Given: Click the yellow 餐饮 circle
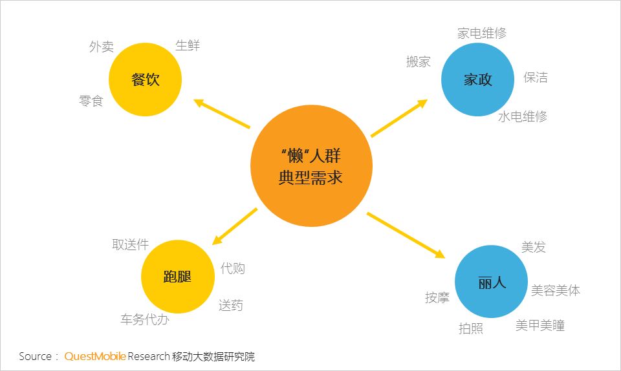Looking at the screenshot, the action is click(x=146, y=79).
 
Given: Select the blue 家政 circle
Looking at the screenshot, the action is click(x=477, y=79).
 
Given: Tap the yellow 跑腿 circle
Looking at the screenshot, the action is click(x=178, y=277).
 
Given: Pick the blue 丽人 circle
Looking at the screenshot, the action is click(x=491, y=282).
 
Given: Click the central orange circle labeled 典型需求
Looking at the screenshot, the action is click(x=311, y=165).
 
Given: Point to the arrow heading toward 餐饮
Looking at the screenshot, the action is click(x=222, y=114).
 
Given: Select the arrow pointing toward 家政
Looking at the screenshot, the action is click(x=399, y=118).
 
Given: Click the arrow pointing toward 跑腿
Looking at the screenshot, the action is click(x=235, y=226).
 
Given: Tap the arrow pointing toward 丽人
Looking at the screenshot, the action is click(x=406, y=235).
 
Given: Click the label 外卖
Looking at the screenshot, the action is click(x=102, y=47).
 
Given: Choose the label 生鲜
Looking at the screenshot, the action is click(x=188, y=45).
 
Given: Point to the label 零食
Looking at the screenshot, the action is click(x=91, y=101).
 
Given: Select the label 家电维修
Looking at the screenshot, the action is click(x=482, y=33).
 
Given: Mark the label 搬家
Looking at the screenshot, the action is click(x=419, y=61).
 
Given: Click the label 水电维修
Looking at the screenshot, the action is click(x=523, y=116).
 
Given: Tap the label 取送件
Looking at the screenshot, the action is click(x=130, y=244).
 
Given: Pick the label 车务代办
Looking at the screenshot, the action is click(x=145, y=319).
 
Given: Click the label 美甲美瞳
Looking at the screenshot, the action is click(x=539, y=326).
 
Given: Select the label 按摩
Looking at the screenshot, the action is click(x=437, y=297).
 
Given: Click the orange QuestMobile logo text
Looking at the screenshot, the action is click(x=95, y=356).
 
